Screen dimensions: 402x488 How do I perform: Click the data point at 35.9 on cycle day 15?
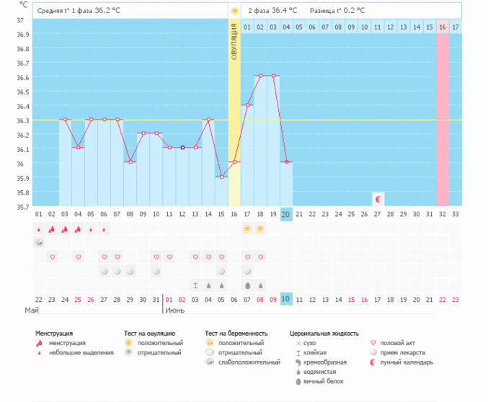pos(221,177)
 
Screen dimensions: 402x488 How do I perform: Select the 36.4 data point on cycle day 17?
pos(247,105)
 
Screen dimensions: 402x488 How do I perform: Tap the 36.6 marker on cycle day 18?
pos(260,76)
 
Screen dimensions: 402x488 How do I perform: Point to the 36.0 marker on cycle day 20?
pos(286,162)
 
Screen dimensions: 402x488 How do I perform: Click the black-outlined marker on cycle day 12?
pos(182,148)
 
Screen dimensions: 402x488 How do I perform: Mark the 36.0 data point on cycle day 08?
pos(130,162)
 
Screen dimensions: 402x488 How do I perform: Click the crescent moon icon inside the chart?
pos(378,197)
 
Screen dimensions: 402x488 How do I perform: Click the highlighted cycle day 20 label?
pos(286,214)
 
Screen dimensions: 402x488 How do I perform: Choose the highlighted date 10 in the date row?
pos(286,299)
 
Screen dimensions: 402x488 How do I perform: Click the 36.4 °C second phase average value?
pos(284,11)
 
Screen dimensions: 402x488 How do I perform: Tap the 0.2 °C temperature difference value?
pos(353,11)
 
